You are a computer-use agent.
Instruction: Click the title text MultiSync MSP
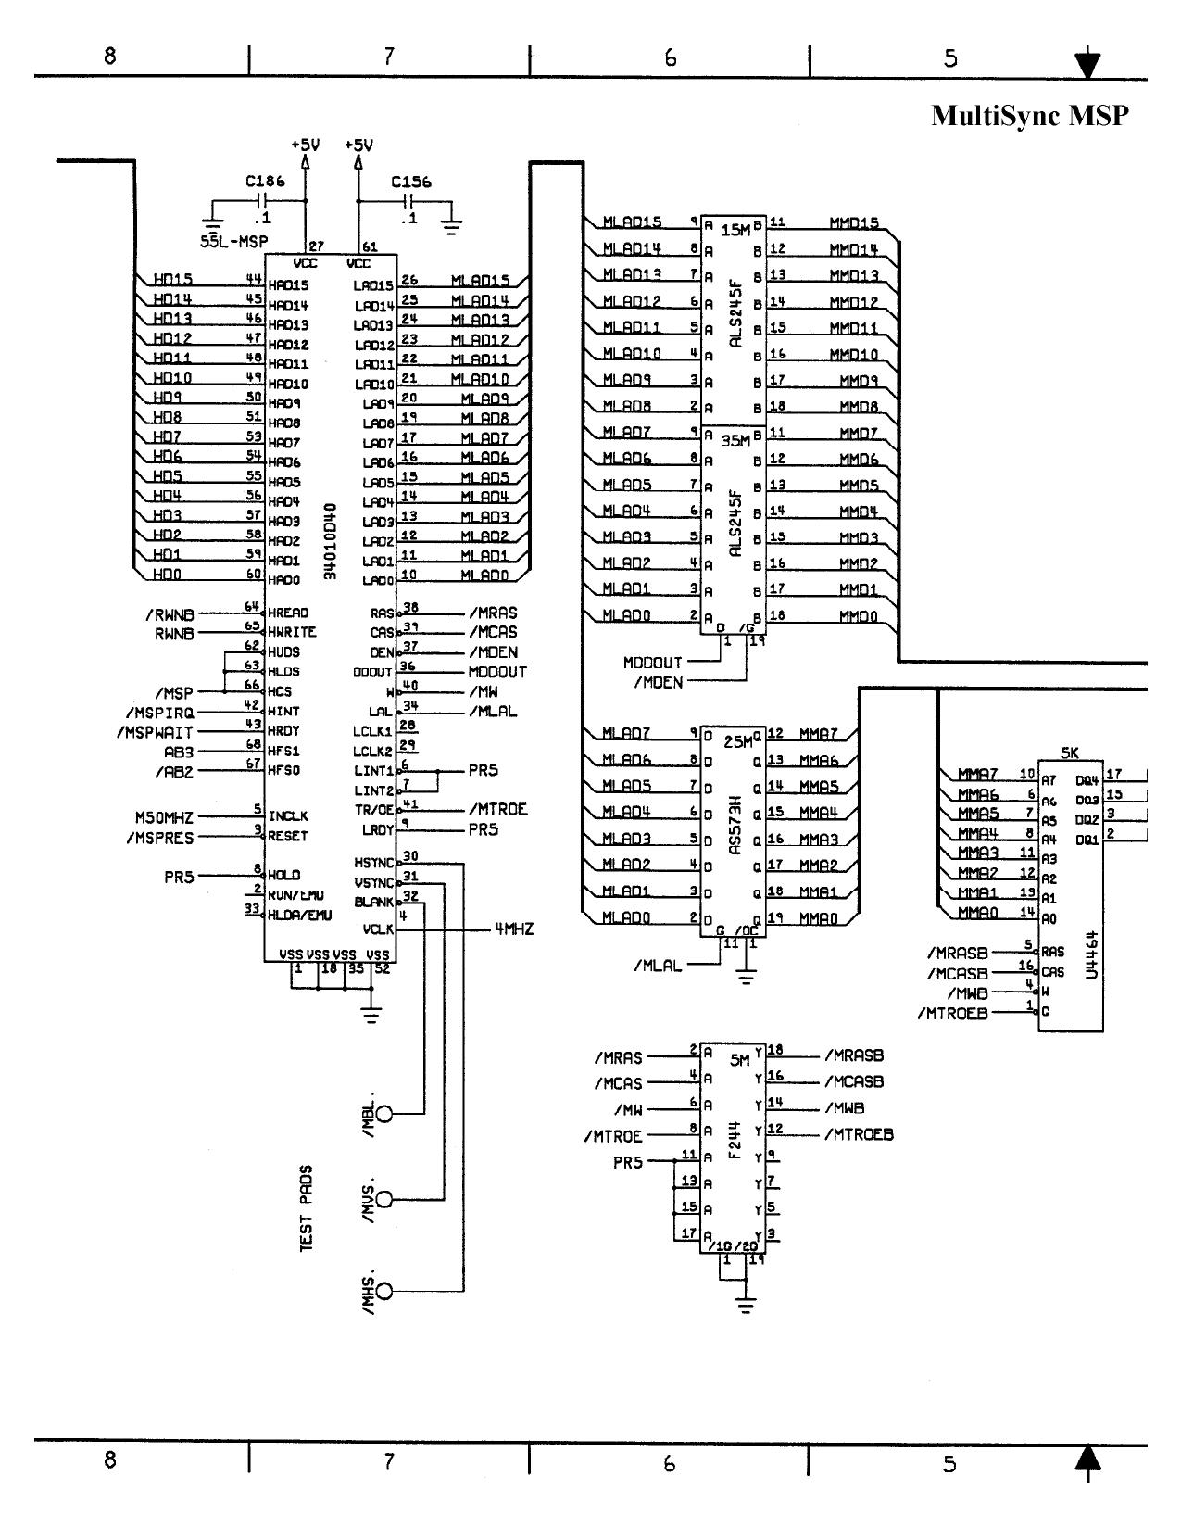point(1030,116)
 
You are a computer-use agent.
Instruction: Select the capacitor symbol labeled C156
point(410,201)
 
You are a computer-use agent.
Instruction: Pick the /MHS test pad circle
point(383,1291)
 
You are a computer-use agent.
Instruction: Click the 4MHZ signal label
point(514,929)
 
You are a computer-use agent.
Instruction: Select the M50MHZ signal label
point(164,817)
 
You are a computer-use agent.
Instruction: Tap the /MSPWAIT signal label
point(155,732)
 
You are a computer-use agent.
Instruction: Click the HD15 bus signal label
point(172,279)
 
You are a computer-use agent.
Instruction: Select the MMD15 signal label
point(853,223)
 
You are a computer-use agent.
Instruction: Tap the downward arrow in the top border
point(1087,65)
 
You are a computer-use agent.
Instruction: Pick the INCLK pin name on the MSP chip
point(288,816)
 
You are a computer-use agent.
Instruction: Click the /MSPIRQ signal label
point(159,713)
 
